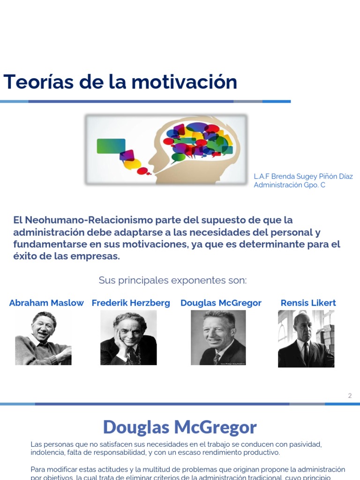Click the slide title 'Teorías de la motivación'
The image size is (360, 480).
[x=120, y=82]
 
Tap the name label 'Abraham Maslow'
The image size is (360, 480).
[x=46, y=303]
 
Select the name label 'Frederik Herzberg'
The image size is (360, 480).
[x=131, y=303]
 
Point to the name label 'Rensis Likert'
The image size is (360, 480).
[x=308, y=303]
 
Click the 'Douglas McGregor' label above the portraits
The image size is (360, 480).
[x=221, y=303]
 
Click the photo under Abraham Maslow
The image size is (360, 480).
[x=43, y=337]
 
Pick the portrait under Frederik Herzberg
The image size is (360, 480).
[x=128, y=337]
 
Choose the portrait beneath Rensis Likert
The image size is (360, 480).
[x=306, y=338]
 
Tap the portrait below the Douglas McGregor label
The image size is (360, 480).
[x=218, y=337]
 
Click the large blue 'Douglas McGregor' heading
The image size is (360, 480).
[x=180, y=427]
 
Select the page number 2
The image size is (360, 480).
[x=350, y=396]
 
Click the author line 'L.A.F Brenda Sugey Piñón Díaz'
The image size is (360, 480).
[x=303, y=177]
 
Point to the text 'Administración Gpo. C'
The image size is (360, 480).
[x=289, y=185]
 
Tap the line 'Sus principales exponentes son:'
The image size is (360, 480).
[x=172, y=280]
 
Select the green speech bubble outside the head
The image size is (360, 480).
[x=111, y=146]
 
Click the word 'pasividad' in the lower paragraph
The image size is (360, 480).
[x=301, y=444]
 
